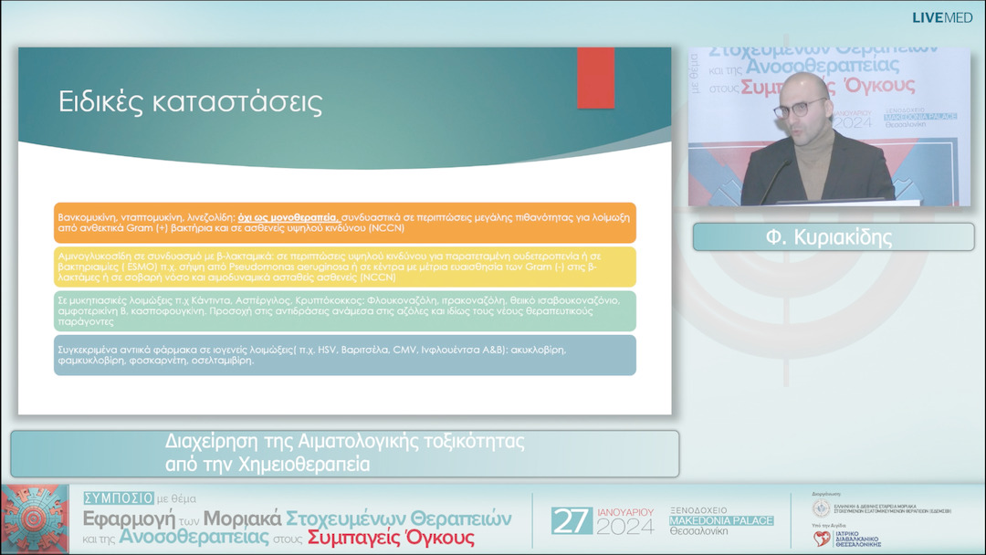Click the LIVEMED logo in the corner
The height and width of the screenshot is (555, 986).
[x=942, y=17]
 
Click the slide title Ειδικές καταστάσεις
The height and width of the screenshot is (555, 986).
[x=190, y=101]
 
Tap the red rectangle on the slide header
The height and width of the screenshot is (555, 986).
[x=595, y=78]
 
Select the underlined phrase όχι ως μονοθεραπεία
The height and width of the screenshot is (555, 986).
[x=288, y=217]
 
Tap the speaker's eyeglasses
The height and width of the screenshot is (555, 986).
[x=800, y=109]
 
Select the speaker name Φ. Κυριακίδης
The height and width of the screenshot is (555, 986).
[x=833, y=237]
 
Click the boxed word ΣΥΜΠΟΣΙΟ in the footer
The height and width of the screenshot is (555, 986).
[x=117, y=498]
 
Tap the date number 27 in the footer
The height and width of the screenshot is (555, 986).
[x=572, y=521]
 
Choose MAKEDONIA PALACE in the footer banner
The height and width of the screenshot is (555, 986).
[x=721, y=520]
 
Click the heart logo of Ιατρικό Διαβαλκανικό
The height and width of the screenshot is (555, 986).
[x=823, y=539]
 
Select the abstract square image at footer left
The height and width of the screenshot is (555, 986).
[x=35, y=519]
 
